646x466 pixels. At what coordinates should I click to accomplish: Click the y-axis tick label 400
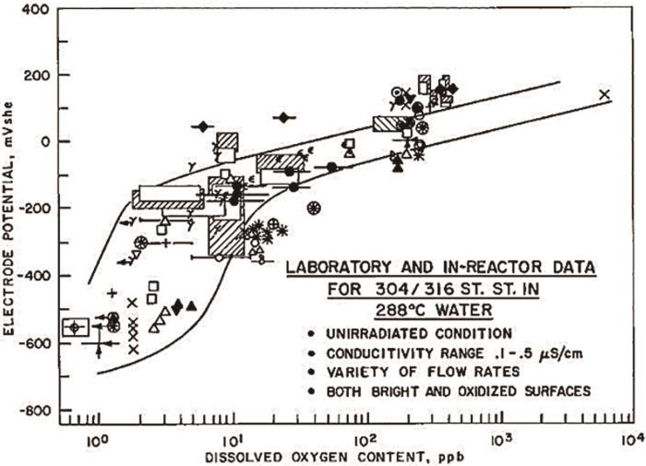(x=39, y=10)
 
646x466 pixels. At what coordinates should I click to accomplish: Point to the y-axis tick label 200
(x=39, y=75)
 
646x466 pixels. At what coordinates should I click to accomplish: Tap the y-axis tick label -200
(x=36, y=209)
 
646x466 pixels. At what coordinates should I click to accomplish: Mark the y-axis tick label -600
(x=36, y=343)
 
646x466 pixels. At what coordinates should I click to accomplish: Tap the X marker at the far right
(x=605, y=94)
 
